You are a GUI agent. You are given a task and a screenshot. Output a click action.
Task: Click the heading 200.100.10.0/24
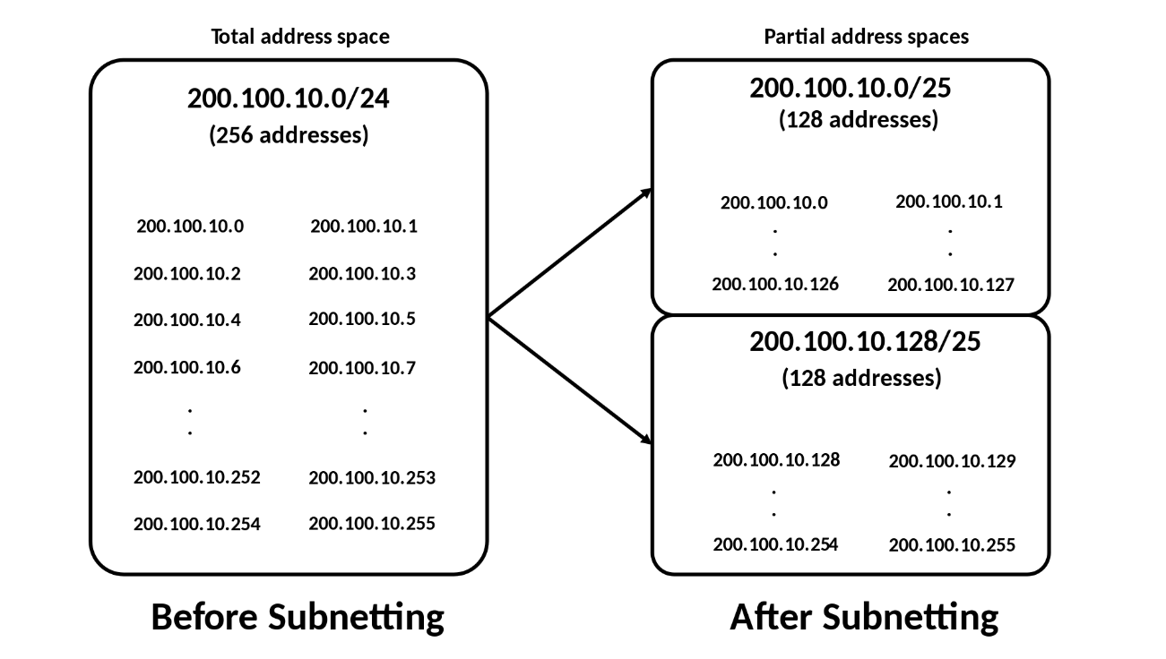click(x=288, y=99)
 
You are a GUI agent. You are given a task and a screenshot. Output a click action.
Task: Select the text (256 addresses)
click(x=288, y=136)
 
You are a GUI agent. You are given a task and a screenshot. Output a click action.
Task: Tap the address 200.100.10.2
click(x=186, y=274)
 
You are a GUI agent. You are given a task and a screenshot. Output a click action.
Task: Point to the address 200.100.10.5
click(x=362, y=319)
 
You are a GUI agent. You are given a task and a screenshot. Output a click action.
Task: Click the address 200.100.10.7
click(x=362, y=367)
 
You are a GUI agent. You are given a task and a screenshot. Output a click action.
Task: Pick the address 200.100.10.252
click(x=196, y=477)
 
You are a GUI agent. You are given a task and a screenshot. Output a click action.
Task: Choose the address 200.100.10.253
click(x=372, y=478)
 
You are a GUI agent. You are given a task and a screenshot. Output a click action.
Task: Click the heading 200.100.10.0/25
click(x=851, y=89)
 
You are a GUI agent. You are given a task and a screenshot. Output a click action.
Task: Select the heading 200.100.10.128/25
click(x=865, y=343)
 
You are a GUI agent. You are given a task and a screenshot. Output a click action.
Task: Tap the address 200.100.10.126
click(x=775, y=285)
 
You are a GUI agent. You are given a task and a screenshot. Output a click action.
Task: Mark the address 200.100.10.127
click(x=951, y=286)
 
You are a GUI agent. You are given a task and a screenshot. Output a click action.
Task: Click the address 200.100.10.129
click(x=952, y=462)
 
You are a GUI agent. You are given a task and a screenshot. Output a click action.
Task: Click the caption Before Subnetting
click(x=298, y=617)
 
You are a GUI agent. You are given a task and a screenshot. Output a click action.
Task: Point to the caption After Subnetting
click(x=864, y=617)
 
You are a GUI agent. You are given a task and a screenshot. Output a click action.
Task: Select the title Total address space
click(x=300, y=37)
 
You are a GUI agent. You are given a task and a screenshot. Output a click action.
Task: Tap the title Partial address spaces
click(x=866, y=37)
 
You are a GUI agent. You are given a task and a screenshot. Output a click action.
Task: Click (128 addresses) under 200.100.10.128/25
click(x=861, y=378)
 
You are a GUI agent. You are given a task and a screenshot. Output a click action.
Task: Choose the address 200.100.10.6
click(x=186, y=367)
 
